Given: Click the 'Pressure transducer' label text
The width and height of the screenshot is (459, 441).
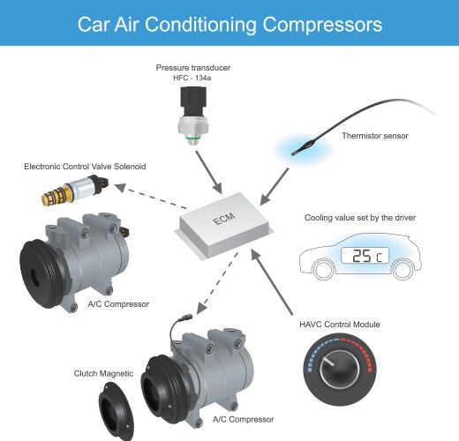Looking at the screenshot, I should tap(194, 68).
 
